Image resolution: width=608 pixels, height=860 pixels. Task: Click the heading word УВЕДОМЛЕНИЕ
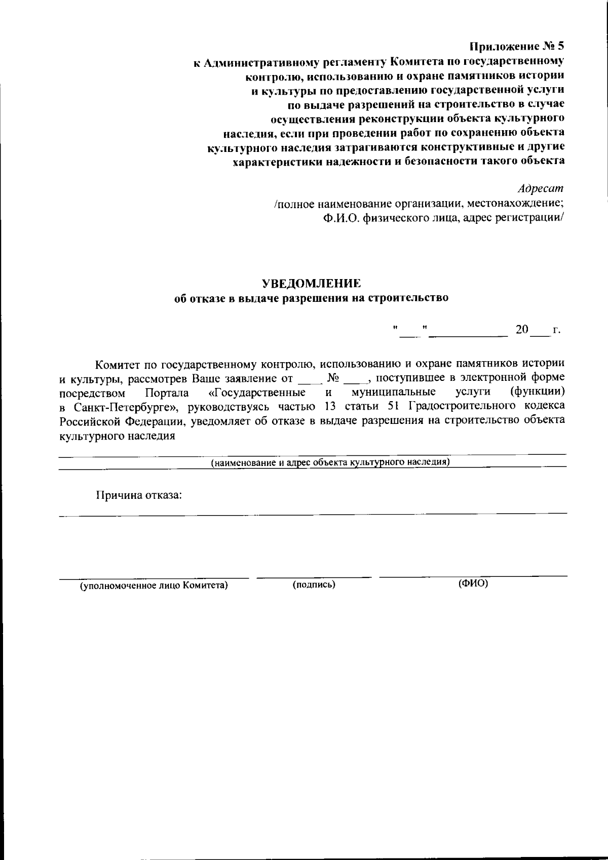coord(311,282)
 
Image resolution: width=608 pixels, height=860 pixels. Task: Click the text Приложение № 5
coord(516,47)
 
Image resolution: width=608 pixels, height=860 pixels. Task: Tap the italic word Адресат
coord(540,188)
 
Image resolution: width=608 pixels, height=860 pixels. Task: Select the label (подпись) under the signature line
coord(314,584)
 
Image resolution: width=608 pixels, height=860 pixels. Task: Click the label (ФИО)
coord(473,583)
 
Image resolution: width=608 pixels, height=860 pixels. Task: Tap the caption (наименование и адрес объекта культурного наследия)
coord(330,462)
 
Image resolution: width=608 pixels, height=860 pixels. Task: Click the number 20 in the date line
coord(522,330)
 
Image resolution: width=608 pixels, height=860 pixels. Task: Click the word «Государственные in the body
coord(256,393)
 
